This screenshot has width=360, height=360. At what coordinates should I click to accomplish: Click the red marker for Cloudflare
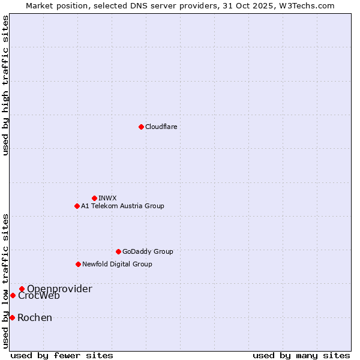click(x=141, y=127)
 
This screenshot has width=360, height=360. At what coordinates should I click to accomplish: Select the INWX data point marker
click(x=94, y=198)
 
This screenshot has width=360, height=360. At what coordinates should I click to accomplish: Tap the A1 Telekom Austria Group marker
click(x=77, y=206)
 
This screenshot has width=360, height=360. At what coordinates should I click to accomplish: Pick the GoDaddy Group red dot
click(x=118, y=251)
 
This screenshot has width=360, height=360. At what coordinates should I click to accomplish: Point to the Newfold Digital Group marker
click(x=78, y=264)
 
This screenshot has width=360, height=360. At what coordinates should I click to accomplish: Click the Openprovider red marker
click(x=22, y=289)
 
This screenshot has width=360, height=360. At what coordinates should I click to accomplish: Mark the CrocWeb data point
click(x=13, y=295)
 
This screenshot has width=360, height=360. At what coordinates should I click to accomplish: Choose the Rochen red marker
click(x=12, y=317)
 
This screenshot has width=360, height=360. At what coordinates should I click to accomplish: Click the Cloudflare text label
click(x=161, y=127)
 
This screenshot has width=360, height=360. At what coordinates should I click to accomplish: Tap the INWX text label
click(x=107, y=198)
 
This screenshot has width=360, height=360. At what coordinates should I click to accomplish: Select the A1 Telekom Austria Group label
click(x=122, y=206)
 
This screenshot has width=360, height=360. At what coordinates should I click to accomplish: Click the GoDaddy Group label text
click(x=148, y=251)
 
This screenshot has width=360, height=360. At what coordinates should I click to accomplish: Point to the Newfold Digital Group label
click(x=117, y=264)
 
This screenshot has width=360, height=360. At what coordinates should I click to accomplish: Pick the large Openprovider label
click(x=59, y=289)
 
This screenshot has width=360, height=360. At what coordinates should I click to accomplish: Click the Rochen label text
click(x=35, y=317)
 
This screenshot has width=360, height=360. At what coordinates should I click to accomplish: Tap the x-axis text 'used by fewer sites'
click(x=62, y=355)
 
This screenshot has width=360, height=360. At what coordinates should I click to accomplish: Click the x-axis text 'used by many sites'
click(x=301, y=355)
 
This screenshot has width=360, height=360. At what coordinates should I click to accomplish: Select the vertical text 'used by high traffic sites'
click(x=5, y=85)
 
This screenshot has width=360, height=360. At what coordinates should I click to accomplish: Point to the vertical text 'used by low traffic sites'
click(x=5, y=281)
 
